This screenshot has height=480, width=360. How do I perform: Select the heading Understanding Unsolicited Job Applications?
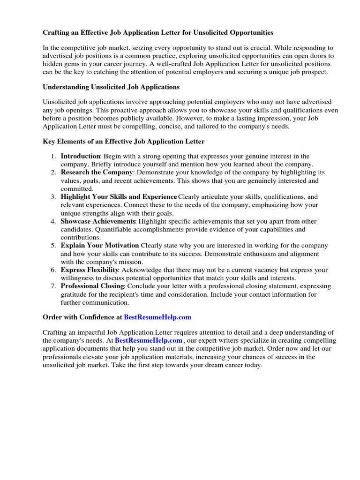coord(111,87)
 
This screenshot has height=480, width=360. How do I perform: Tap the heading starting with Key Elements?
coord(124,141)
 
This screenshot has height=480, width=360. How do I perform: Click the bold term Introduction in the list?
coord(81,156)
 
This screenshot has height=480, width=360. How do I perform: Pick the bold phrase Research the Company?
coord(97,172)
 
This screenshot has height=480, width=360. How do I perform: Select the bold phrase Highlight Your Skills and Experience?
coord(119,197)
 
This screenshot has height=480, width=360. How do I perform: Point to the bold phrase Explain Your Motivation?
coord(100,246)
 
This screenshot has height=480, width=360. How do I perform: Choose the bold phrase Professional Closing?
coord(92,286)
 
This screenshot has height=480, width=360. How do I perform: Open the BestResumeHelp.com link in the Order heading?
coord(157,317)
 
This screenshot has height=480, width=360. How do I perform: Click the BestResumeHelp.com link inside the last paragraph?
coord(149,340)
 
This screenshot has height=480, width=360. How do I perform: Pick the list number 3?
coord(53,197)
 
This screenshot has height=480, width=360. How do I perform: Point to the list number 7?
coord(53,286)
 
